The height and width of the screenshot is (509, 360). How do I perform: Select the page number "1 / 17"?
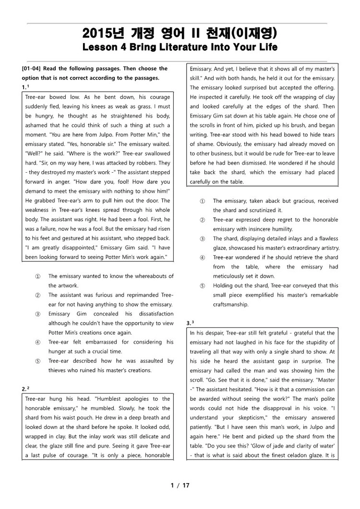pos(180,485)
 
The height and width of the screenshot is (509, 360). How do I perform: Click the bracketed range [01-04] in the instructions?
pos(31,69)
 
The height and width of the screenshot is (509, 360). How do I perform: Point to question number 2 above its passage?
pos(25,388)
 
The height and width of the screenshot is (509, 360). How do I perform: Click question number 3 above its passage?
pos(190,323)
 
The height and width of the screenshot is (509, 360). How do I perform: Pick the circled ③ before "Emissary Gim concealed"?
pos(38,314)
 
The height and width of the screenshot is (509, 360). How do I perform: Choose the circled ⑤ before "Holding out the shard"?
pos(203,285)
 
